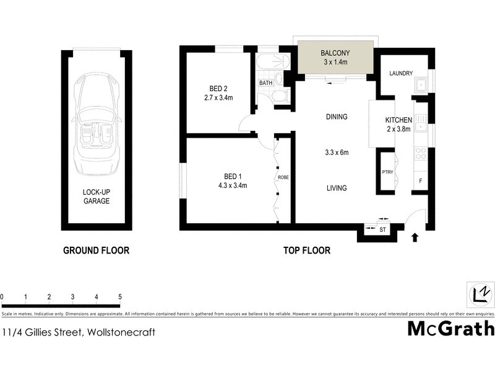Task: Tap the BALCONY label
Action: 335,53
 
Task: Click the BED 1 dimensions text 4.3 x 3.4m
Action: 233,185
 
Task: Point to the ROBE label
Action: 283,177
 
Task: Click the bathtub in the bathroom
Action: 272,63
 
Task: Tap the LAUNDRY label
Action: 401,74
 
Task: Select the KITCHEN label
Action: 398,120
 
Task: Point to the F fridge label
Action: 421,181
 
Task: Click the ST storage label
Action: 382,231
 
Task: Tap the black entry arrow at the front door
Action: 415,236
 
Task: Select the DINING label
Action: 337,117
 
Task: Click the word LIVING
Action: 337,188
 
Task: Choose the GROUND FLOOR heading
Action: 96,250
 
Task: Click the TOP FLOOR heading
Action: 307,250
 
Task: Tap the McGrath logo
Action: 450,328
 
